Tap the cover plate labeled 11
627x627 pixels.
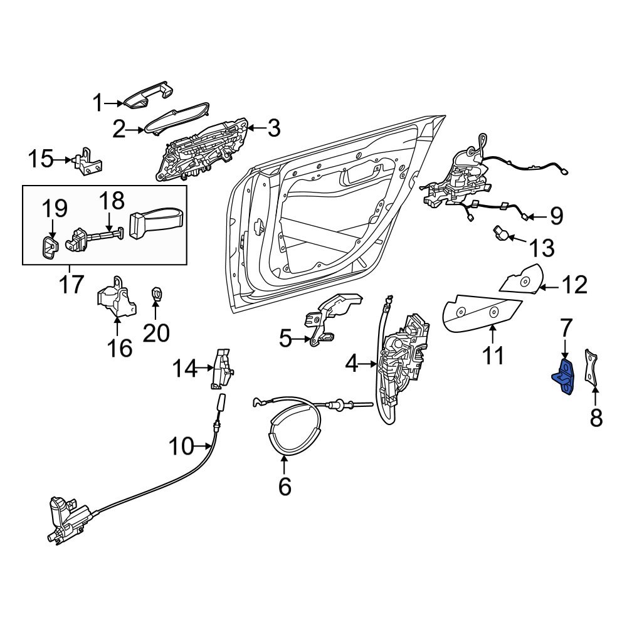coord(482,313)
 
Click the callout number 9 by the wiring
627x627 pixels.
coord(556,216)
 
